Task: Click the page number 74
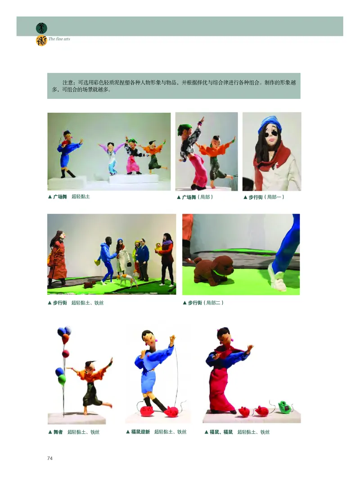click(x=50, y=458)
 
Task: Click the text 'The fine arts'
click(x=59, y=39)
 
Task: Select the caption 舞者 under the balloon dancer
click(x=58, y=432)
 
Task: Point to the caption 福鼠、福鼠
click(x=221, y=432)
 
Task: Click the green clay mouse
click(x=283, y=407)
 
